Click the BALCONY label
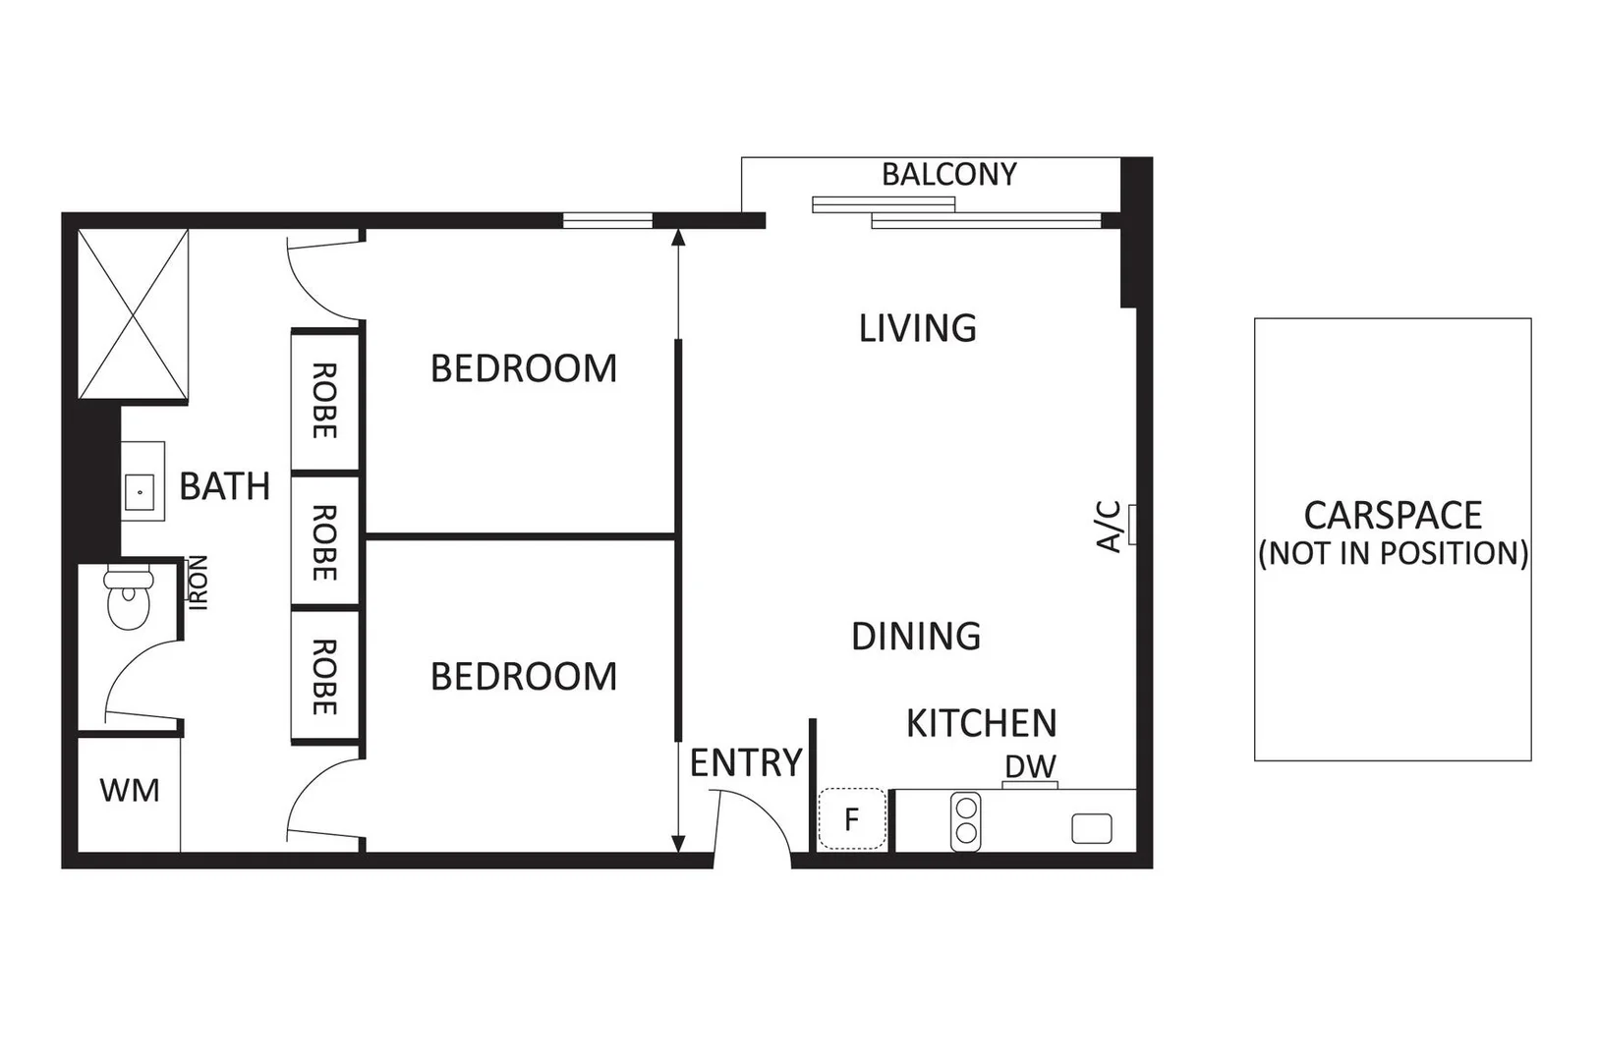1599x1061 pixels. click(x=948, y=175)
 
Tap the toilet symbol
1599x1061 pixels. click(x=128, y=596)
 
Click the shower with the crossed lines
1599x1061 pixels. click(x=133, y=314)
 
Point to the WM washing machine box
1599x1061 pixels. click(x=129, y=791)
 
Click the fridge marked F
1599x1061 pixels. click(x=852, y=818)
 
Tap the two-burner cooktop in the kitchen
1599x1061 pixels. click(x=966, y=821)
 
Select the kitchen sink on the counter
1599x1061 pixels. click(x=1091, y=828)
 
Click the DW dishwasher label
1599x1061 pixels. click(x=1030, y=766)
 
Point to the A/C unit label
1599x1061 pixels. click(x=1110, y=527)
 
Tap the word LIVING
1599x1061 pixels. click(x=917, y=328)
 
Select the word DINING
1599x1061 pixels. click(x=916, y=637)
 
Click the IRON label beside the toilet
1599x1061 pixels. click(x=199, y=583)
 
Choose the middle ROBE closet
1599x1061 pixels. click(x=324, y=541)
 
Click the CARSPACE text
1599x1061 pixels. click(x=1392, y=516)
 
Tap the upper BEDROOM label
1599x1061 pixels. click(x=524, y=368)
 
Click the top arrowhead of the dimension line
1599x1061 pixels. click(x=678, y=237)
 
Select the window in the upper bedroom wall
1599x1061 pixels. click(x=607, y=221)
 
